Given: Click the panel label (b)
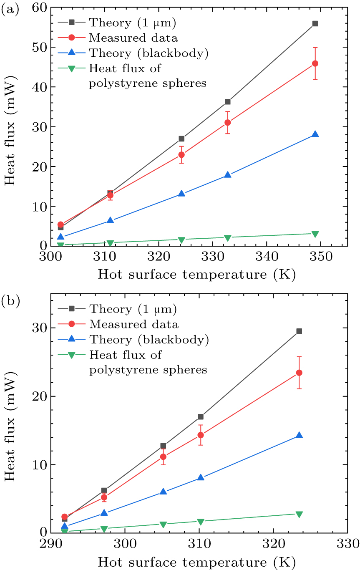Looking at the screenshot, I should coord(10,300).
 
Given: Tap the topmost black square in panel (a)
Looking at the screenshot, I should coord(315,24).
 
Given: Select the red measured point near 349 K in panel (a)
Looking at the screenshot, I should coord(315,63).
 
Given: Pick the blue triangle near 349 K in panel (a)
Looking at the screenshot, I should coord(315,134).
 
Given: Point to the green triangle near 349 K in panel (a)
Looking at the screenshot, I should coord(315,234).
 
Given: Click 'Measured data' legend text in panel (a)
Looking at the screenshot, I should coord(133,38).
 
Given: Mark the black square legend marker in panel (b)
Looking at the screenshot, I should coord(71,309).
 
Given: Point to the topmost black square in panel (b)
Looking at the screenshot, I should coord(299,331).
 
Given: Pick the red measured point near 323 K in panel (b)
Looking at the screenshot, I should coord(299,373).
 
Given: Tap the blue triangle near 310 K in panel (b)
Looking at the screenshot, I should coord(201,477).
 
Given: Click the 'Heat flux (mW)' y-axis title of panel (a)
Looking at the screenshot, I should coord(10,127).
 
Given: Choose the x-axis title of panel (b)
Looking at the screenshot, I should coord(196,562).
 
